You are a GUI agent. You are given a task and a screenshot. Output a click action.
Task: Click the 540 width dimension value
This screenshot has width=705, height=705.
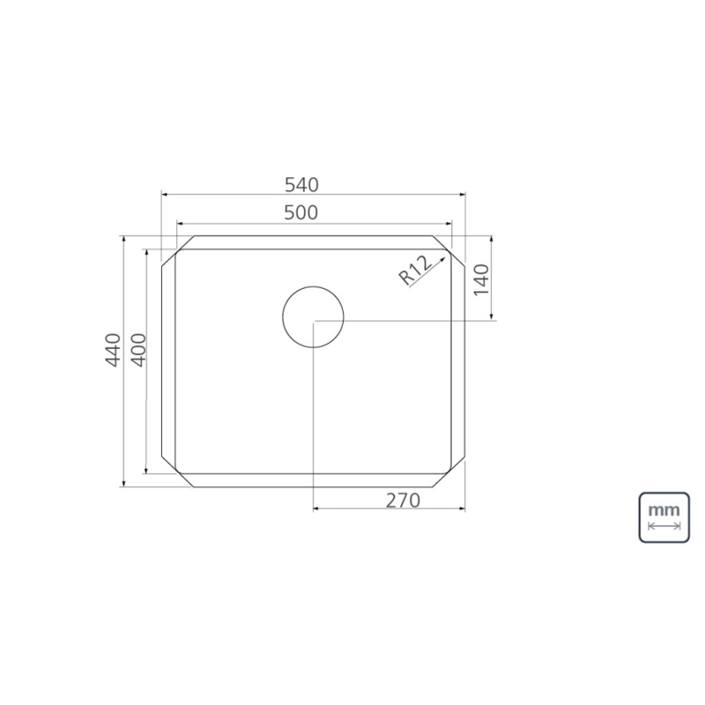point(301,185)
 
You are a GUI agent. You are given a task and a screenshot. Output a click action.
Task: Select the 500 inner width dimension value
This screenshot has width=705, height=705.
point(301,212)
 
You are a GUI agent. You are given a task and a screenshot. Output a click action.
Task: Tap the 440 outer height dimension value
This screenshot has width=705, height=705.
point(113,350)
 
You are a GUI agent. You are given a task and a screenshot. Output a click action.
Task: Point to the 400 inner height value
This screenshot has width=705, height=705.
point(139,350)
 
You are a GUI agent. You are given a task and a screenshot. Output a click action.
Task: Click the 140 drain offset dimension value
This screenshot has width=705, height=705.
point(481,279)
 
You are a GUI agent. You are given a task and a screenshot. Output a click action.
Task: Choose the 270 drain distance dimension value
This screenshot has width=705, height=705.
point(403,501)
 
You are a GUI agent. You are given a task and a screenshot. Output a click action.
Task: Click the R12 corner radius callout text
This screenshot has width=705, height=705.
point(415,270)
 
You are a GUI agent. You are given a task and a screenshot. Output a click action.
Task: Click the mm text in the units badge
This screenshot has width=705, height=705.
point(664,510)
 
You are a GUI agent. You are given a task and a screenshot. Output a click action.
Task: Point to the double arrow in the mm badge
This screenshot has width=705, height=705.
point(664,526)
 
